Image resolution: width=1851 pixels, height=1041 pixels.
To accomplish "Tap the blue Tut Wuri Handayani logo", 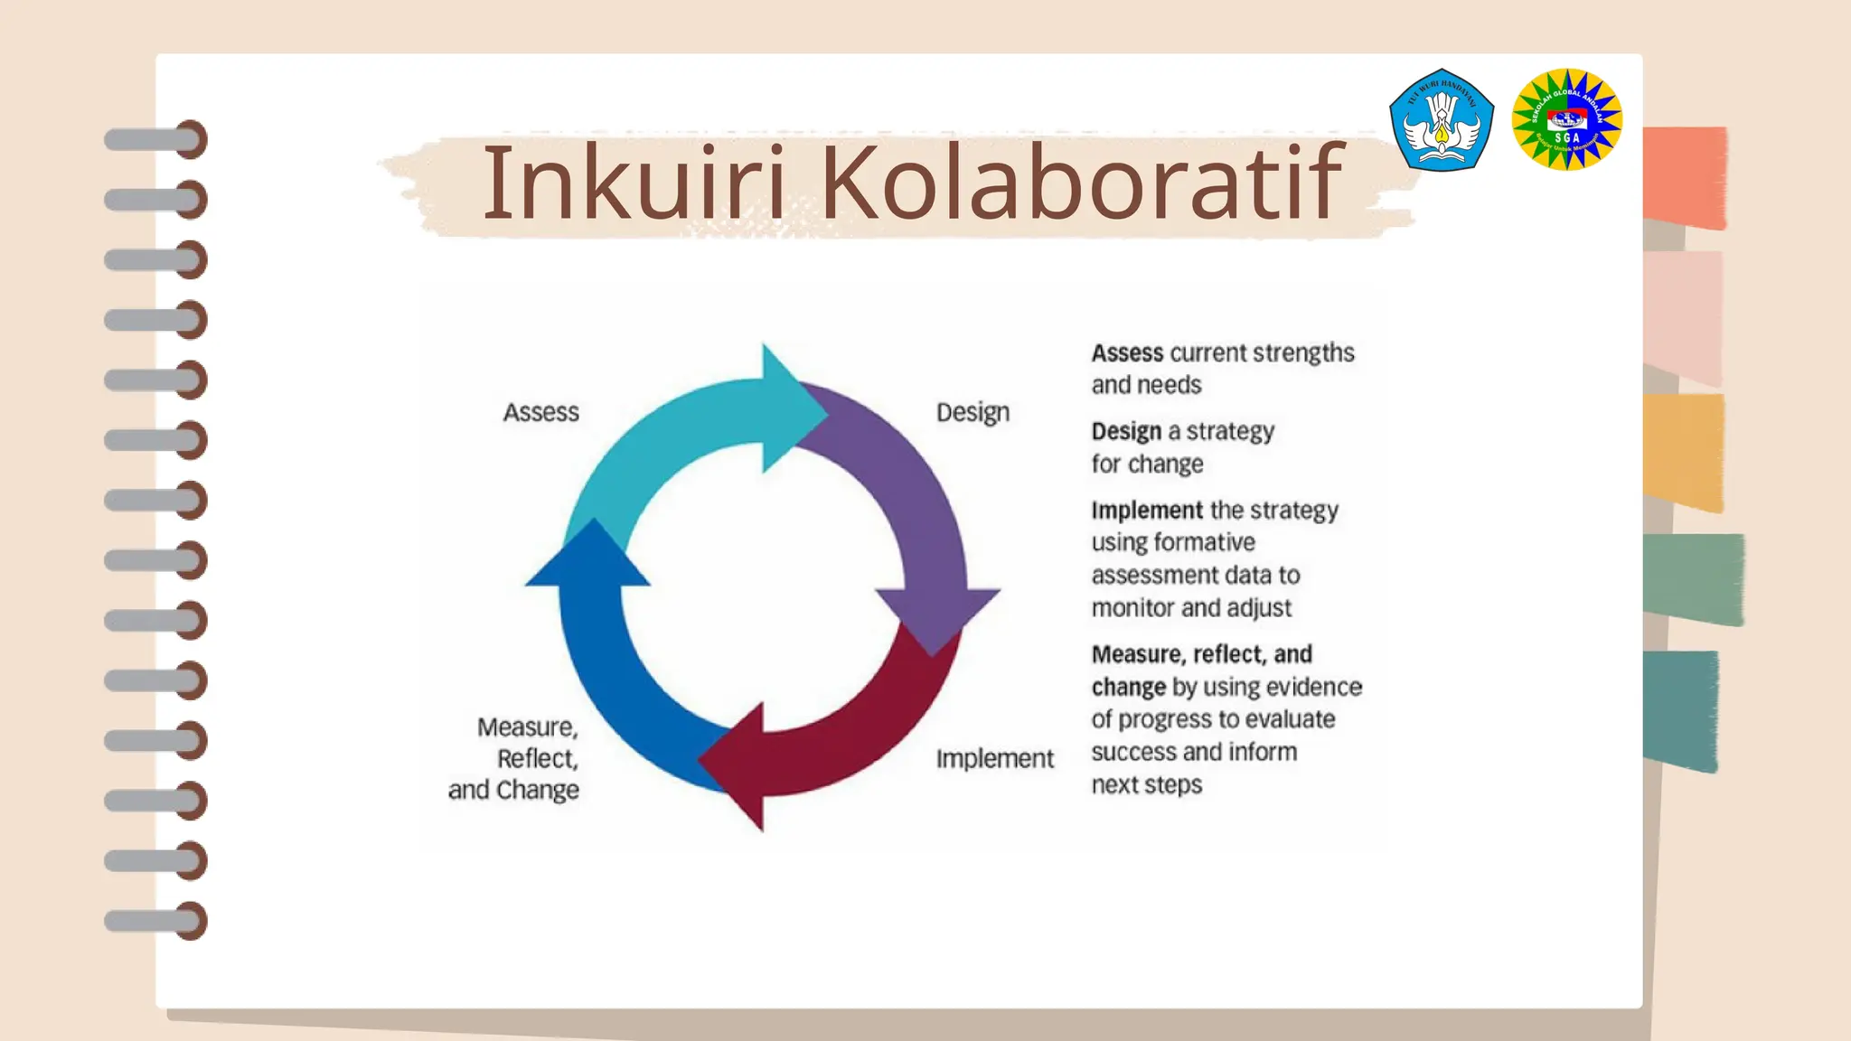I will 1441,120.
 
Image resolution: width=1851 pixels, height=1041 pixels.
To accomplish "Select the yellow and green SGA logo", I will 1566,120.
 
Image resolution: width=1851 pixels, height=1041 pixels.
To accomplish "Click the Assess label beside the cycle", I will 540,412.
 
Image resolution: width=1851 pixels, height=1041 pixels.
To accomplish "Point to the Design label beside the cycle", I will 972,412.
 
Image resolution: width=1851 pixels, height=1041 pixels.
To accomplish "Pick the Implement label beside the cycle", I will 994,759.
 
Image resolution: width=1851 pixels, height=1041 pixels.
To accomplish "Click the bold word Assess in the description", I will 1127,353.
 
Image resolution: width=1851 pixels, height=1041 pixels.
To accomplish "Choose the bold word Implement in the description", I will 1147,511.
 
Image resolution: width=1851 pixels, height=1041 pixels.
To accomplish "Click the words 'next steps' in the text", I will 1146,784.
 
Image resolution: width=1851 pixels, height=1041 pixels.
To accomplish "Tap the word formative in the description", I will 1203,542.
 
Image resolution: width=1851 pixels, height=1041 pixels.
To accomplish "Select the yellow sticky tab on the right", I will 1684,452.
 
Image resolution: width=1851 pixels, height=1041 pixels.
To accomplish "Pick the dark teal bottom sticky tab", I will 1680,709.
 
